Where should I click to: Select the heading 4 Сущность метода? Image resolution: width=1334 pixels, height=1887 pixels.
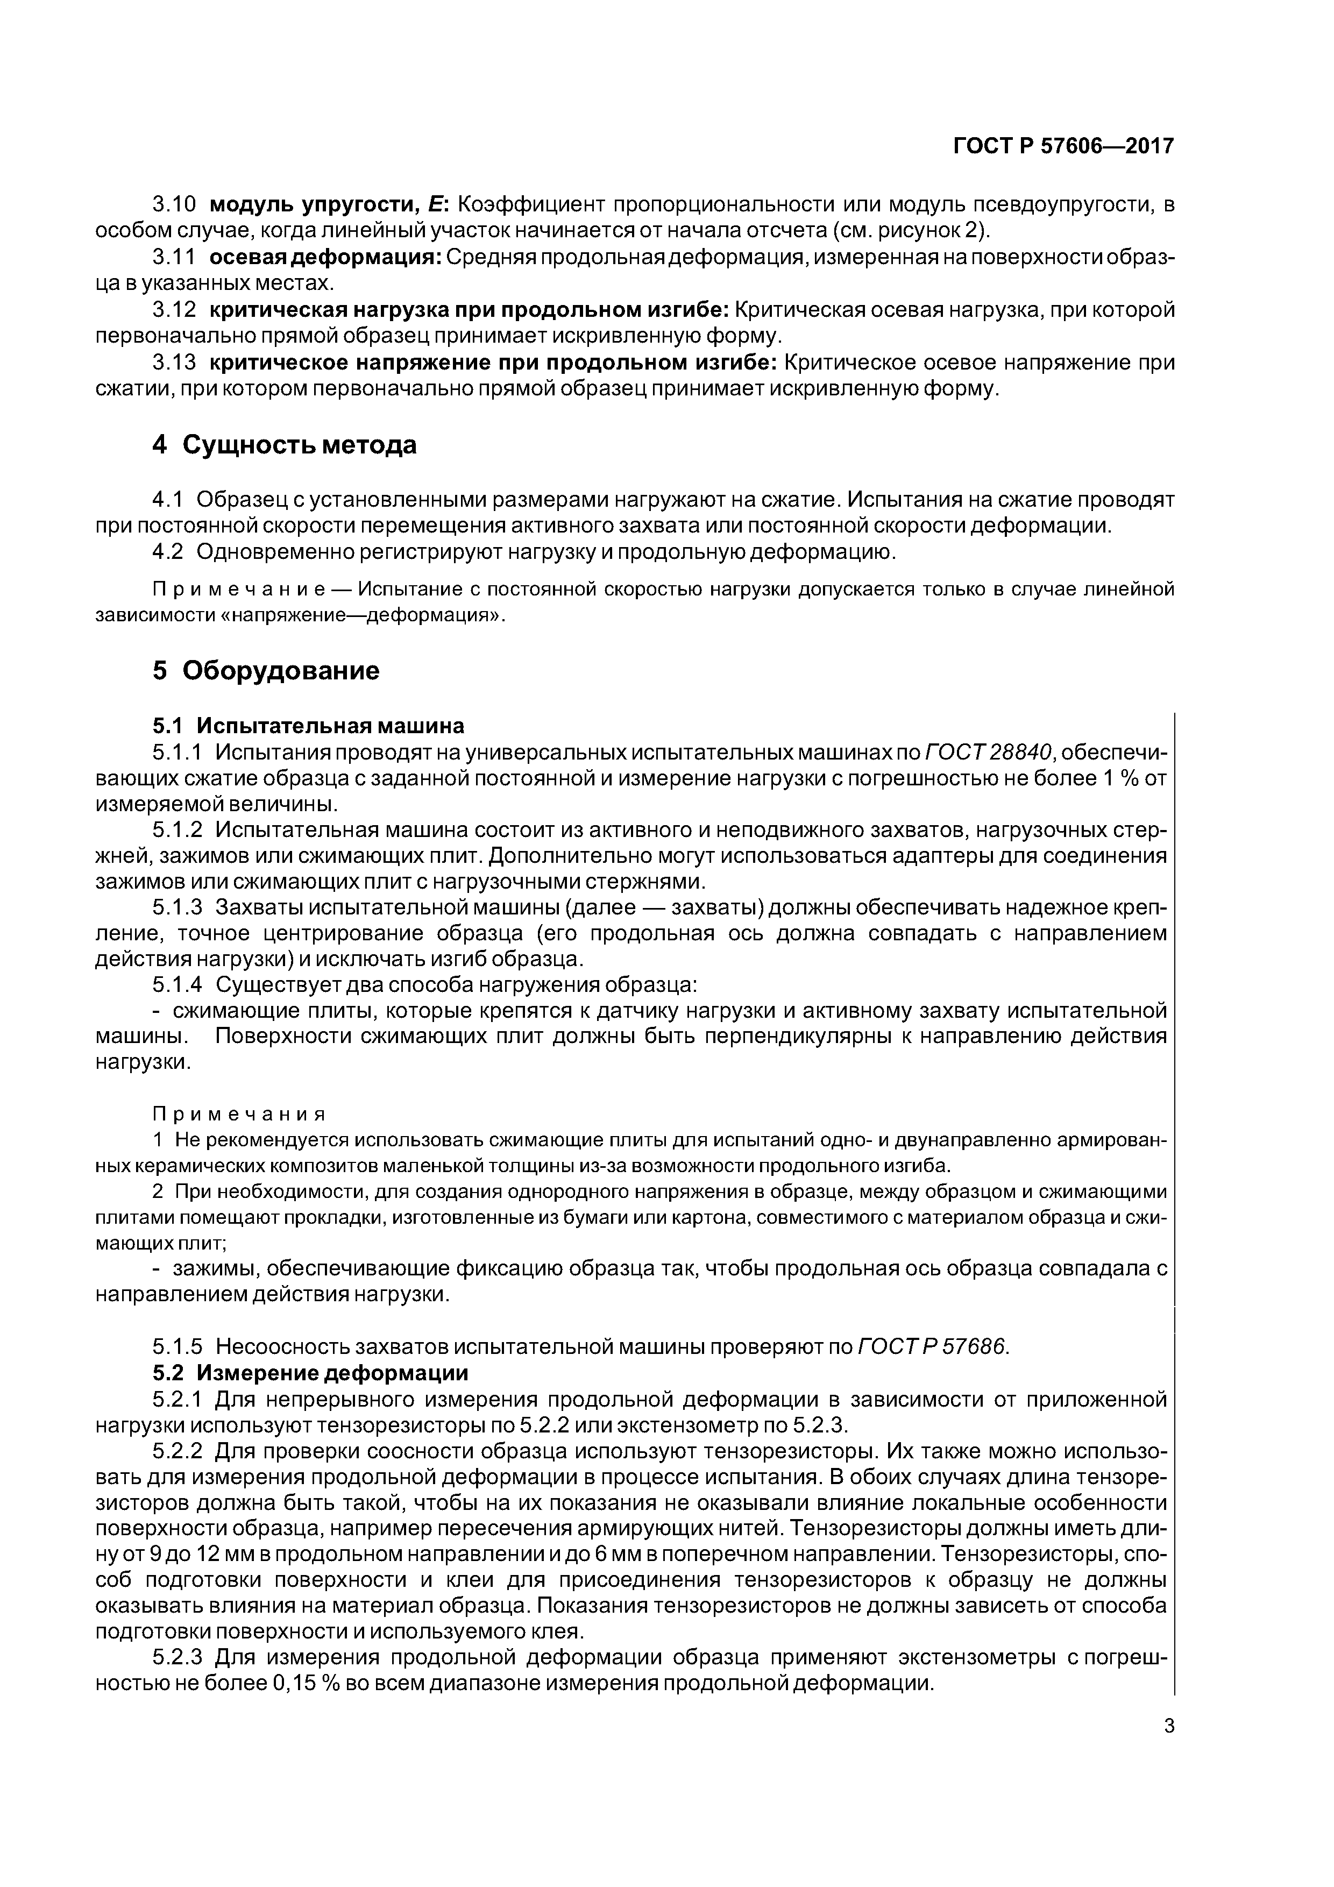click(285, 445)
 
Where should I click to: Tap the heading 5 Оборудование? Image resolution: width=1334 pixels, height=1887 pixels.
click(266, 671)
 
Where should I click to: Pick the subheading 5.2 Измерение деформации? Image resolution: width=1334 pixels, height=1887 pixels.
click(310, 1373)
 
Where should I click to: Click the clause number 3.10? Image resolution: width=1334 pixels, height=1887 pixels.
click(175, 204)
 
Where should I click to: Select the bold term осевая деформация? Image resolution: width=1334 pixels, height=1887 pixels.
click(325, 257)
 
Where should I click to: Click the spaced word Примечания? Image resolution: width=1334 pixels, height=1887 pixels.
click(239, 1115)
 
